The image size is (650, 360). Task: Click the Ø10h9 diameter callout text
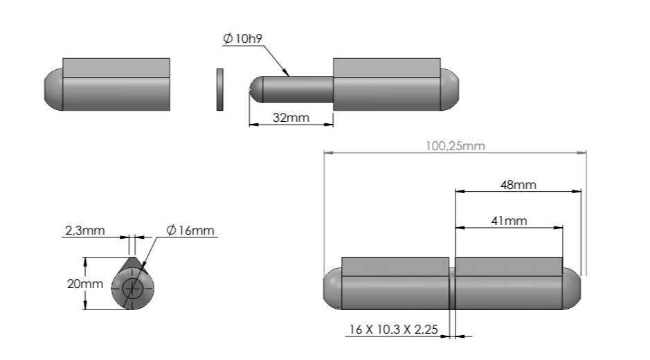(x=242, y=39)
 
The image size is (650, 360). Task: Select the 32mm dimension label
(x=291, y=117)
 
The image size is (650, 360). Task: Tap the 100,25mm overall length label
(x=454, y=145)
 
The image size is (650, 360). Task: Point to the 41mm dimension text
(x=509, y=221)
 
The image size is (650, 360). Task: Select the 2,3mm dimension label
(x=85, y=230)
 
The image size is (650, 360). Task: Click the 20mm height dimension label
(x=69, y=284)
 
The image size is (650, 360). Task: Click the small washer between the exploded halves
(x=220, y=89)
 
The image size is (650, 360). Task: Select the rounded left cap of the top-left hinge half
(x=53, y=90)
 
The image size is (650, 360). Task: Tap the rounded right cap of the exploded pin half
(x=449, y=90)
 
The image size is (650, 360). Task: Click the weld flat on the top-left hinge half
(x=116, y=67)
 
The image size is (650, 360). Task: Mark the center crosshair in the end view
(x=132, y=288)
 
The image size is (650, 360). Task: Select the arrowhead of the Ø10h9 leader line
(x=286, y=73)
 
